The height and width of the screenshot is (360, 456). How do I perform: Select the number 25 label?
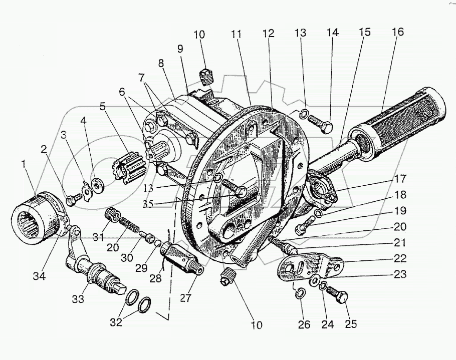(351, 324)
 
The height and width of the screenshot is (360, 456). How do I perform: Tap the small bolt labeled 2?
(72, 200)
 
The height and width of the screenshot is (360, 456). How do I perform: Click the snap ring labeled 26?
(300, 294)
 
